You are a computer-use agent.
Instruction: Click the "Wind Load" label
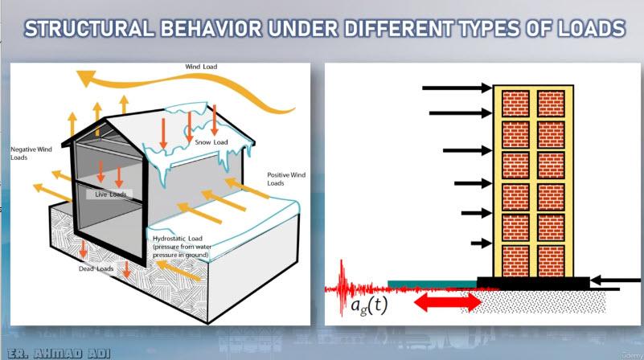pos(201,67)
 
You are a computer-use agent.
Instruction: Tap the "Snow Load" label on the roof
pos(211,142)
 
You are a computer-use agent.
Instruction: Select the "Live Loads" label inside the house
pos(110,194)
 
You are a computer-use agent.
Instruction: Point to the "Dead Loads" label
pos(96,269)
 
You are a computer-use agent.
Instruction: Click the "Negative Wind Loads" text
pos(31,153)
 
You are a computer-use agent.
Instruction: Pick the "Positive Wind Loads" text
pos(286,179)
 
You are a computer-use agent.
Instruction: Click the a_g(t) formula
pos(369,305)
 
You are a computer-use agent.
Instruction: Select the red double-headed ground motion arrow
pos(448,303)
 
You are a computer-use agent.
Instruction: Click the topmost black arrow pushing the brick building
pos(457,88)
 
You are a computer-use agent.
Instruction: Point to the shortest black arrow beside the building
pos(481,243)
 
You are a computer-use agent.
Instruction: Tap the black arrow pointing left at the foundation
pos(615,280)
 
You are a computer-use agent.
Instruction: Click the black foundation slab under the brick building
pos(533,282)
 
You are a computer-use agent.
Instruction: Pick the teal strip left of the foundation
pos(432,284)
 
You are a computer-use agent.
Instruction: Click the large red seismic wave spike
pos(342,288)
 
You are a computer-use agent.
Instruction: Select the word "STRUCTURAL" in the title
pos(89,29)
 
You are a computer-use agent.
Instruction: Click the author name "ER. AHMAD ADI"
pos(59,354)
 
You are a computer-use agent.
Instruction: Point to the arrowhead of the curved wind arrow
pos(86,78)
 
